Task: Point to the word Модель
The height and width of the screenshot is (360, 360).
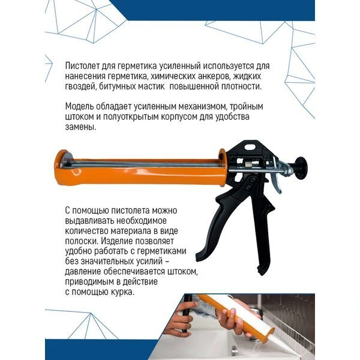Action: [x=79, y=107]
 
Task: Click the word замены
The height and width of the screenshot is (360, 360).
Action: [x=80, y=127]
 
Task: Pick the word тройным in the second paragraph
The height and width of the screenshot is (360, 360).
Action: [x=247, y=107]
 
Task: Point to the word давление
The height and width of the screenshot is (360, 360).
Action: [x=83, y=272]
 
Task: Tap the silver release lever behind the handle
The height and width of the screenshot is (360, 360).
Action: [x=277, y=178]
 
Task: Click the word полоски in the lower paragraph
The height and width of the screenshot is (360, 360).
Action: [x=82, y=241]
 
